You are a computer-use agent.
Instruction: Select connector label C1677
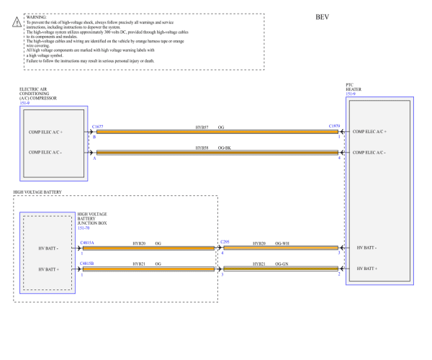click(x=98, y=126)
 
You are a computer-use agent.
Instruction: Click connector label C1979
click(x=334, y=126)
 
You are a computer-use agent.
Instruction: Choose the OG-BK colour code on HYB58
click(x=225, y=147)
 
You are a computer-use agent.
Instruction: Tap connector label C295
click(x=225, y=243)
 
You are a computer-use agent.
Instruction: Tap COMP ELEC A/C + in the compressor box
click(x=45, y=132)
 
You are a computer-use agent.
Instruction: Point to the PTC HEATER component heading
click(x=354, y=89)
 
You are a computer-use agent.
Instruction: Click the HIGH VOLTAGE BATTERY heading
click(x=37, y=193)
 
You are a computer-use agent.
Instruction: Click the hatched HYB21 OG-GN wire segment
click(x=281, y=269)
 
